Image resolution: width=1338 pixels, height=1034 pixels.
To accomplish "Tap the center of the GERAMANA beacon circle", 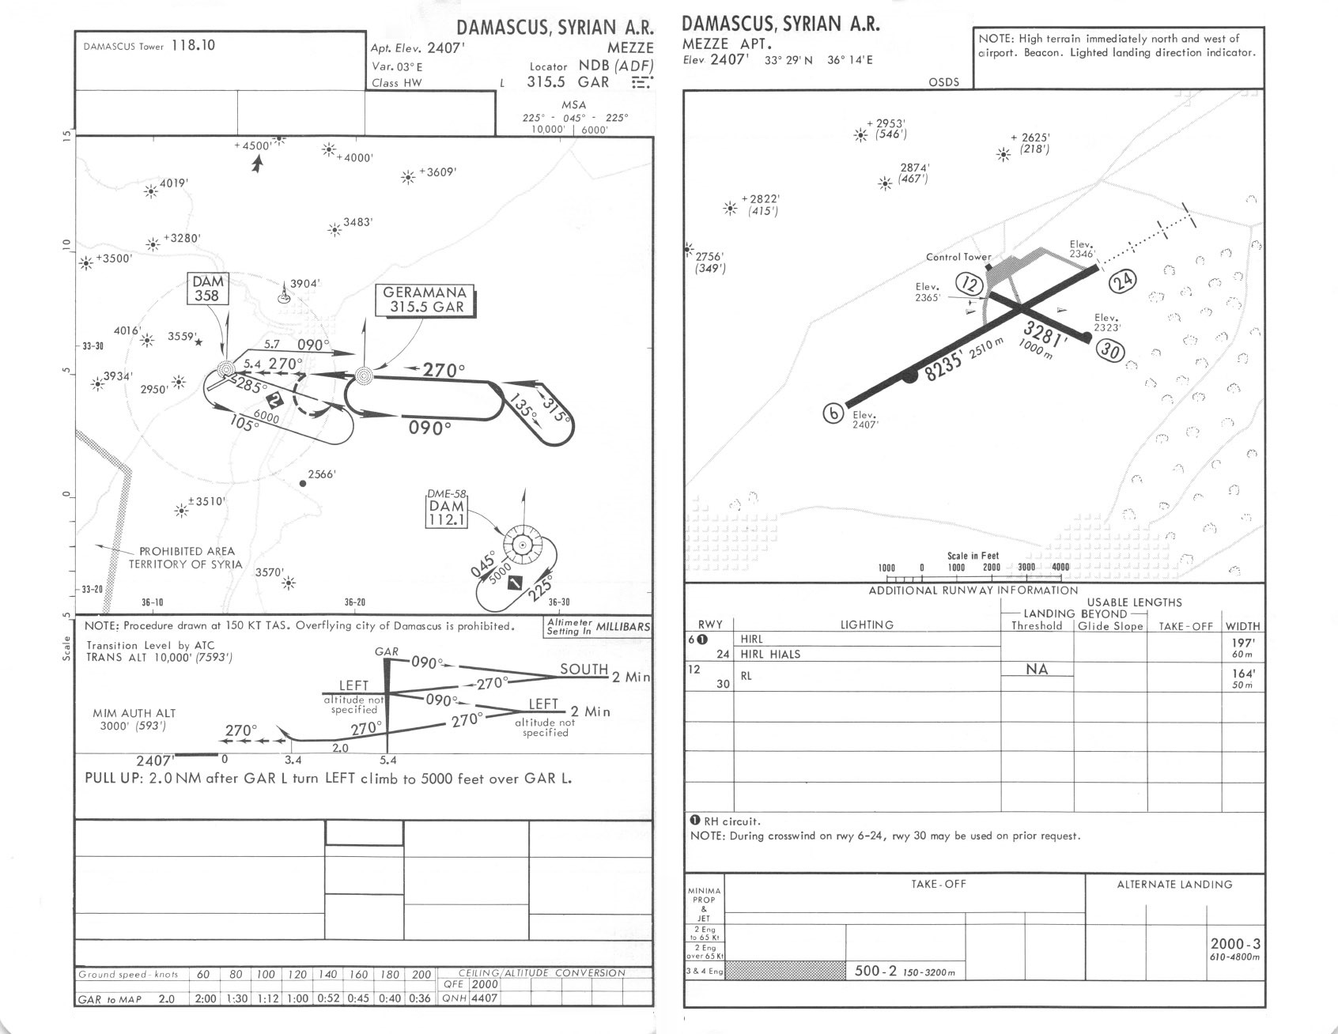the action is coord(364,375).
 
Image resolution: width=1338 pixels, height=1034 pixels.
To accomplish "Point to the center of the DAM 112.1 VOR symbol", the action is coord(522,545).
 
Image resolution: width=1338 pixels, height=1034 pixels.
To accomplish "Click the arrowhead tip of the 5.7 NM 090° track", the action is coord(353,352).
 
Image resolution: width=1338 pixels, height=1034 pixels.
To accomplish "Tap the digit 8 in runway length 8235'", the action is coord(932,374).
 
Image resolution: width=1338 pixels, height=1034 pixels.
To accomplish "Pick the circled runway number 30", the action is coord(1110,349).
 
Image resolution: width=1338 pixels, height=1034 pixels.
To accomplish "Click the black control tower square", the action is coord(988,268).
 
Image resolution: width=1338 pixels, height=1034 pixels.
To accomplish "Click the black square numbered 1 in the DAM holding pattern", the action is coord(517,583).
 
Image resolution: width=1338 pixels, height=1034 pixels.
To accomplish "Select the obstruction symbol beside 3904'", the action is coord(282,295).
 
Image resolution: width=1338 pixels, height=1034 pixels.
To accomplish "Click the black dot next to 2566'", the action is coord(302,483).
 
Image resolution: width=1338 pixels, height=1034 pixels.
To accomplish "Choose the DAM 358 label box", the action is coord(208,289).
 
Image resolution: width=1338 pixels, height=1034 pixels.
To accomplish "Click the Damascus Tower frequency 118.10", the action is coord(193,45).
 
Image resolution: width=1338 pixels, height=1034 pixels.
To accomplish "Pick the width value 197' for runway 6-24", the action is coord(1242,643).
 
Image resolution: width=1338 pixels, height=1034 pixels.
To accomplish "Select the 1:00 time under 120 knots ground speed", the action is coord(298,998).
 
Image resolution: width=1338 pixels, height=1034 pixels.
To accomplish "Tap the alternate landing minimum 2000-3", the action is coord(1235,944).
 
